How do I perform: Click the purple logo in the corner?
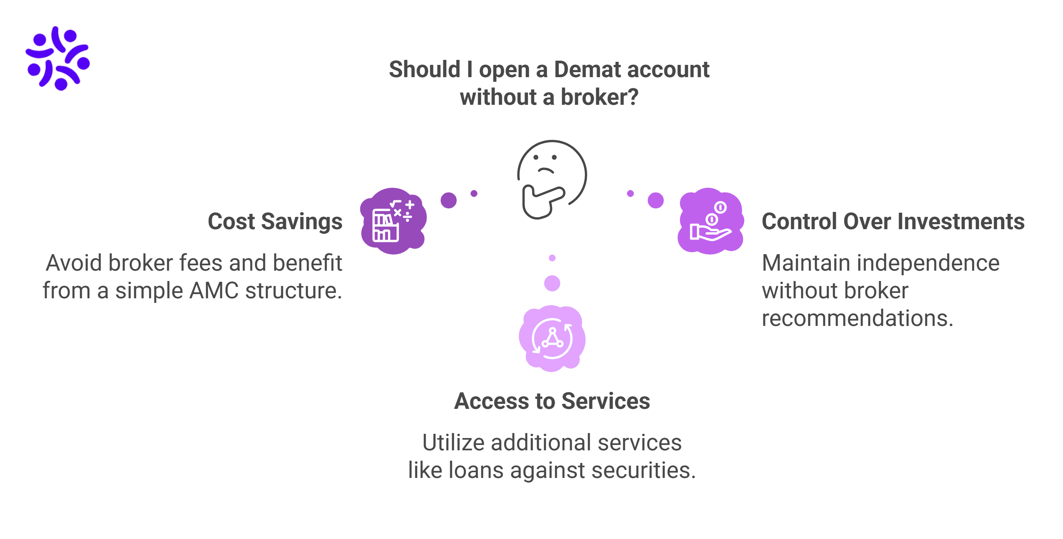(x=58, y=58)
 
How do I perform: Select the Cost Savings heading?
(x=275, y=222)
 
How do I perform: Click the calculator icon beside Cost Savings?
(x=393, y=221)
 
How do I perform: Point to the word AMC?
(x=214, y=290)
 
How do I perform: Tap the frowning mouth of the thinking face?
(x=545, y=170)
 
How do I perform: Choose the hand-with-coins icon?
(x=710, y=221)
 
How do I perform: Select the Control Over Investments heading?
(x=893, y=222)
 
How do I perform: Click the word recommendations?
(x=857, y=318)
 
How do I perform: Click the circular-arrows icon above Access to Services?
(x=552, y=339)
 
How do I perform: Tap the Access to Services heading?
(x=552, y=401)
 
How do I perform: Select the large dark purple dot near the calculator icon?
(x=449, y=200)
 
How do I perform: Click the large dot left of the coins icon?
(x=655, y=200)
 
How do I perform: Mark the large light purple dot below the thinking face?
(x=552, y=283)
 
